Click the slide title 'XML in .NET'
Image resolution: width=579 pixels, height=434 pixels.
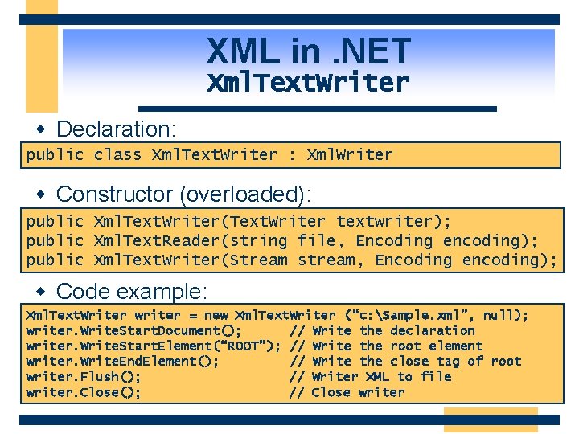coord(309,52)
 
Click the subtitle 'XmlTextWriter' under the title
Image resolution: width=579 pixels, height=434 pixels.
coord(309,82)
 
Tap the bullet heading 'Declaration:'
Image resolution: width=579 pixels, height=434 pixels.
coord(116,129)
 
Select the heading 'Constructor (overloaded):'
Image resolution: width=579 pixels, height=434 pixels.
coord(183,194)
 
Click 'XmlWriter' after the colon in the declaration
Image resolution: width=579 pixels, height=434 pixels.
coord(350,154)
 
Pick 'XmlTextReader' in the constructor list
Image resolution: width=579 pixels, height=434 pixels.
coord(150,240)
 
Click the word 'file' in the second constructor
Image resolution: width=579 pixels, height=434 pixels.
coord(316,240)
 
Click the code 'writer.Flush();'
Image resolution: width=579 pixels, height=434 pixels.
coord(84,376)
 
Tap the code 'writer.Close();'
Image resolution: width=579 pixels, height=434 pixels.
coord(84,392)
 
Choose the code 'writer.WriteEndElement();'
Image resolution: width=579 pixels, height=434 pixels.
coord(122,361)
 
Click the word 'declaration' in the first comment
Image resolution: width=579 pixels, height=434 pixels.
coord(432,330)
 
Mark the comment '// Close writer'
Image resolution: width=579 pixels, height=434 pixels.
coord(347,392)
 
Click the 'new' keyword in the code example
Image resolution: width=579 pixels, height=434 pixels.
coord(216,315)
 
